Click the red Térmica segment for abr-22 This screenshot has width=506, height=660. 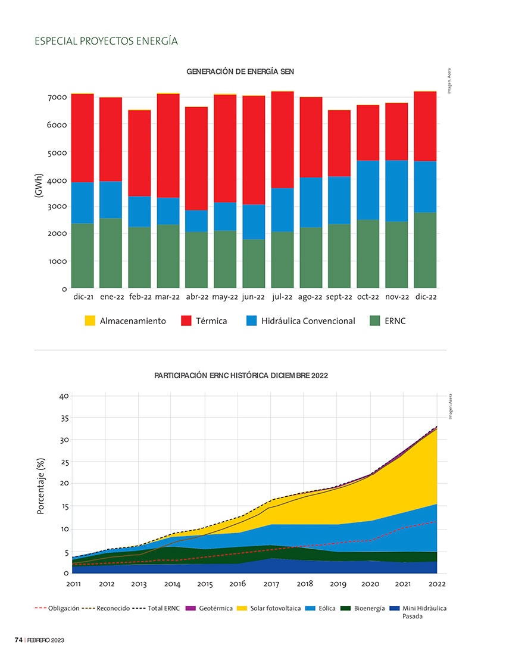[x=196, y=158]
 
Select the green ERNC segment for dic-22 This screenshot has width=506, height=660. [x=425, y=250]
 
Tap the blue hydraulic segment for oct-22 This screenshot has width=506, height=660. [x=368, y=190]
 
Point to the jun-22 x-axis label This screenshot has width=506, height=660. [x=254, y=297]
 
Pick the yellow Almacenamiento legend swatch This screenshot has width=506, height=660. [x=90, y=321]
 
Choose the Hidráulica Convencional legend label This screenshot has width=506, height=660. [x=308, y=321]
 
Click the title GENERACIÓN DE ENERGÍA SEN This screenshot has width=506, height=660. [x=240, y=71]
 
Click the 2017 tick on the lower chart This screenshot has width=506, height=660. [x=271, y=584]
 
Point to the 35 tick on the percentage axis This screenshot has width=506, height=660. [x=64, y=418]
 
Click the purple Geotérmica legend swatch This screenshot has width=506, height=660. [x=191, y=608]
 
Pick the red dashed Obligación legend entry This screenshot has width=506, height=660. [x=57, y=608]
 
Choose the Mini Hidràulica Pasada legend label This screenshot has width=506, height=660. [x=424, y=612]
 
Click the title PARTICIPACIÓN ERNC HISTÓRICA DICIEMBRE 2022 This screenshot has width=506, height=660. [x=240, y=376]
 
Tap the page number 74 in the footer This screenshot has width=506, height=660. [x=18, y=640]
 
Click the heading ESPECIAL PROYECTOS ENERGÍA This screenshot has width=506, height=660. [x=107, y=41]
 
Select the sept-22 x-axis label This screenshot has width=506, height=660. [x=340, y=297]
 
